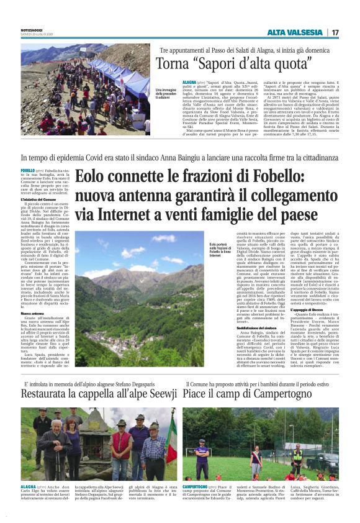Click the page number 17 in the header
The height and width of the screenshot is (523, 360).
tap(335, 32)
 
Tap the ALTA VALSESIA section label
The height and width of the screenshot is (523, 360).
tap(295, 32)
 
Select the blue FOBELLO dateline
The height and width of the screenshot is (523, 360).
tap(28, 170)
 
